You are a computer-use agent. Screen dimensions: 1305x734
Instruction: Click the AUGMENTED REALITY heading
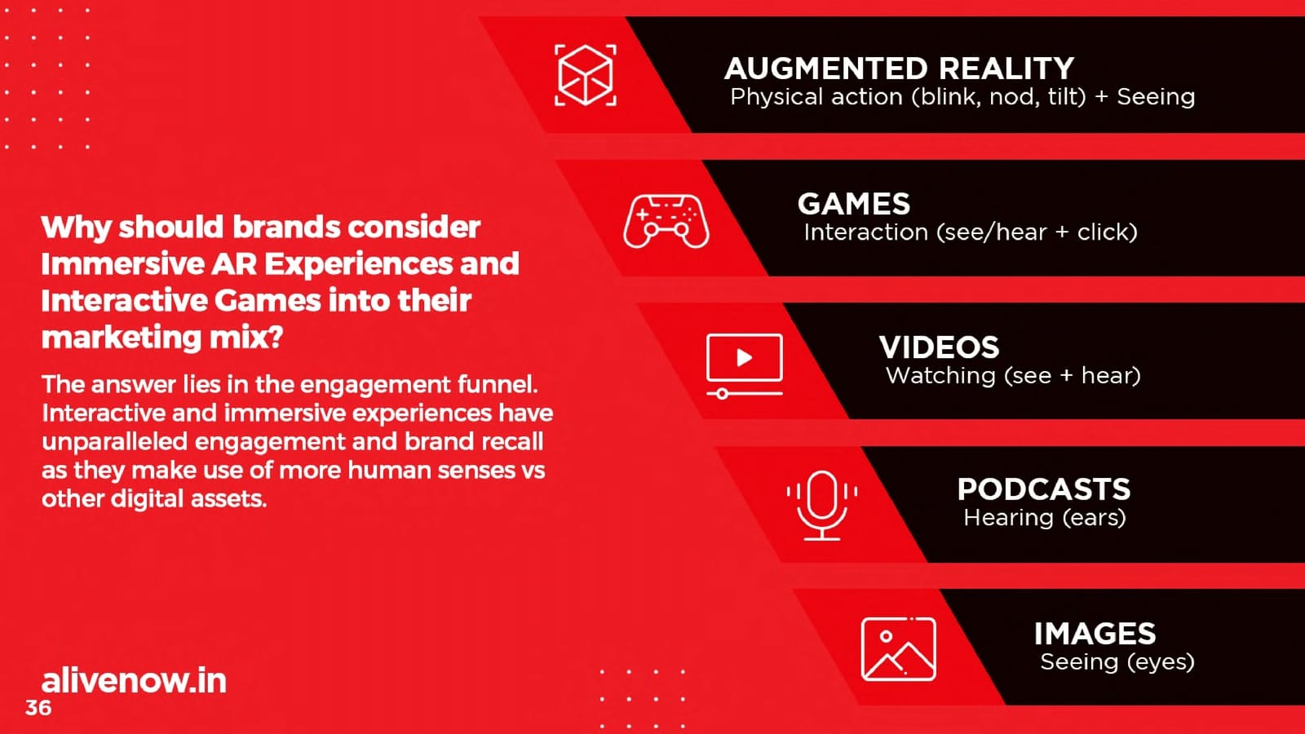click(899, 69)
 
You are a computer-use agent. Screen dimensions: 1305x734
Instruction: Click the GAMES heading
click(853, 204)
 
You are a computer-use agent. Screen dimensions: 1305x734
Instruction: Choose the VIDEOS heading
click(939, 347)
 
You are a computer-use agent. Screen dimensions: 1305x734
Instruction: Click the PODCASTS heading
click(1043, 489)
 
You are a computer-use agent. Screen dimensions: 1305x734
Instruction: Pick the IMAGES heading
click(1095, 634)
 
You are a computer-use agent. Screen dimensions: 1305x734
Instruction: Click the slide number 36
click(38, 708)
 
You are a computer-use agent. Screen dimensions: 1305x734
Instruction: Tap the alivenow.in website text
click(134, 680)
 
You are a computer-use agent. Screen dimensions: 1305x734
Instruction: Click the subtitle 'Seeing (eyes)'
click(1117, 662)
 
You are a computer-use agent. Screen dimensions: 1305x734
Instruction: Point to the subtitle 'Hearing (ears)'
click(1045, 518)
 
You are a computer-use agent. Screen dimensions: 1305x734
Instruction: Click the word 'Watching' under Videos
click(940, 376)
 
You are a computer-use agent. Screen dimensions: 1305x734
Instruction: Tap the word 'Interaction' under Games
click(865, 232)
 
